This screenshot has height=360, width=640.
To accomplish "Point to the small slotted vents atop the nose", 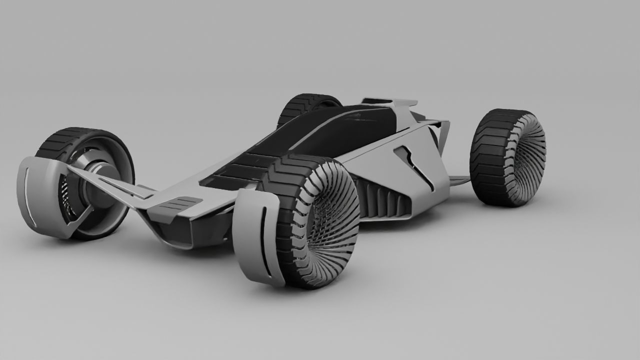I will (175, 205).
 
